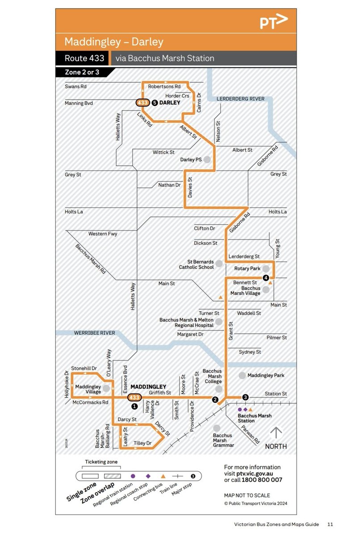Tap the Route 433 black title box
click(84, 58)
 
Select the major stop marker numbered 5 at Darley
click(155, 102)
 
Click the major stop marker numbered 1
click(134, 406)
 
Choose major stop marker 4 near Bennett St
click(266, 278)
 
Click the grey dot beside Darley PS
click(207, 159)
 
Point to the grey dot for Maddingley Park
click(242, 376)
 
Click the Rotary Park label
click(247, 269)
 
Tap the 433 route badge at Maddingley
click(134, 397)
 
